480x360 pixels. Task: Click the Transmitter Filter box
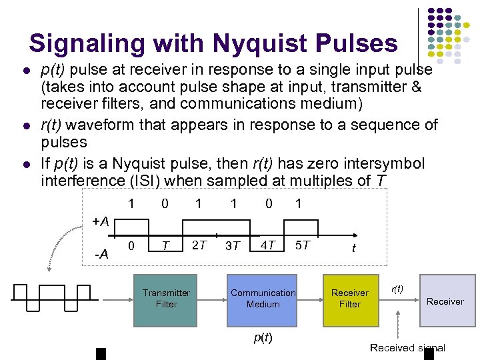tap(166, 298)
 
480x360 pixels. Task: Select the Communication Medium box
tap(263, 298)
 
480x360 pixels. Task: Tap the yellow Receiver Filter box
tap(349, 298)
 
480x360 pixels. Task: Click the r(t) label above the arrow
tap(396, 289)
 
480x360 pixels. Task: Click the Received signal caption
tap(407, 347)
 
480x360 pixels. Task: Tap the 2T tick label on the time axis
tap(199, 245)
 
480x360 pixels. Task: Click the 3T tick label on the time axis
tap(233, 246)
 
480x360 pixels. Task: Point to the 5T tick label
tap(302, 245)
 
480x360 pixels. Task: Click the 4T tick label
tap(268, 245)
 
